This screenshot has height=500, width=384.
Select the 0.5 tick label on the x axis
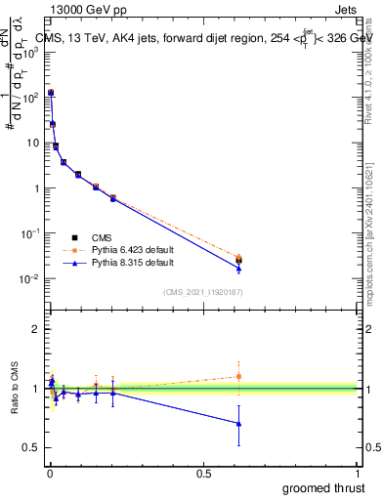203,473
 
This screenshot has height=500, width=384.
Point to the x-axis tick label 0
48,473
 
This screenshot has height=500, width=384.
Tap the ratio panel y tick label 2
35,329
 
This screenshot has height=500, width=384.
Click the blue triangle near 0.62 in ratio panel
239,423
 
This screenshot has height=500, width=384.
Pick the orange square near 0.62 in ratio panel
239,376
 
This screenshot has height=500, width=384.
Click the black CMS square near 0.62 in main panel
239,260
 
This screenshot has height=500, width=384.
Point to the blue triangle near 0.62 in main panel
239,269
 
